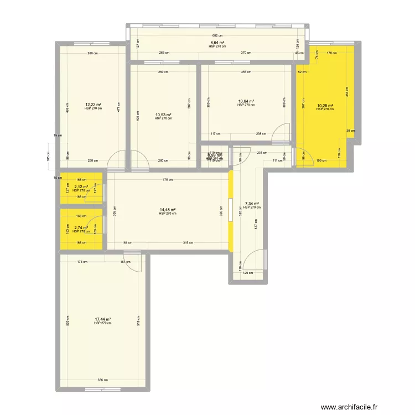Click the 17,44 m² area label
tap(103, 319)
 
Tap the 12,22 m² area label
tap(93, 105)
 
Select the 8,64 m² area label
tap(217, 43)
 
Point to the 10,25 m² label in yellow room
tap(325, 106)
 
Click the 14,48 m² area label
tap(167, 210)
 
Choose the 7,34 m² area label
tap(252, 204)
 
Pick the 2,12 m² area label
tap(81, 187)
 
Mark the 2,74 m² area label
tap(81, 227)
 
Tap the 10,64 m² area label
tap(246, 101)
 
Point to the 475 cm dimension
tap(168, 179)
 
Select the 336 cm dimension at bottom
tap(103, 380)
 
